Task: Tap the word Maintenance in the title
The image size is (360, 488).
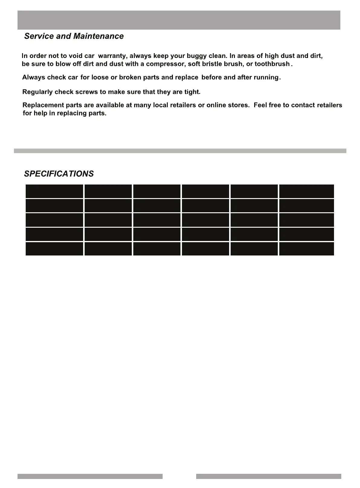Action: (x=99, y=36)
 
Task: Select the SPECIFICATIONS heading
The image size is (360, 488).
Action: (x=59, y=174)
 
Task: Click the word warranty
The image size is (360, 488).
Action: (x=112, y=56)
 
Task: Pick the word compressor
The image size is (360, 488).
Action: (x=165, y=64)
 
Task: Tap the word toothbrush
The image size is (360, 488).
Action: (x=272, y=64)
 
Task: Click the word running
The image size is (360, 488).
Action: (x=266, y=78)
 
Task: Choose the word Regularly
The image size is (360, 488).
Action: (x=37, y=92)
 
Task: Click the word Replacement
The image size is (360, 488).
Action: (x=43, y=105)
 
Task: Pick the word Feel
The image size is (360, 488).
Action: (x=260, y=105)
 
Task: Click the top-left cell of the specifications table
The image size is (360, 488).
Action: (x=54, y=191)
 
